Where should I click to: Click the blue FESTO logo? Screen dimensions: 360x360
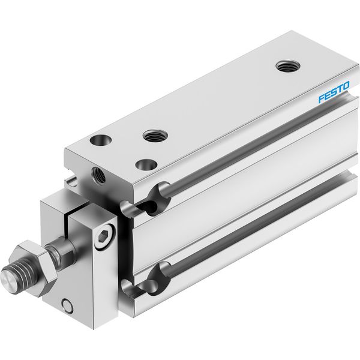(x=334, y=92)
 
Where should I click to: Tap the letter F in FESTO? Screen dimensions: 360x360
(x=322, y=98)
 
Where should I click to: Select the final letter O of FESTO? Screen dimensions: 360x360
(x=346, y=85)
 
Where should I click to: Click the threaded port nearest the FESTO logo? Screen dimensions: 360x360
(x=288, y=66)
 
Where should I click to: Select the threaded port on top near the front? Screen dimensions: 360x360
(x=155, y=136)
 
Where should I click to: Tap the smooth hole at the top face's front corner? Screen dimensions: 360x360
(x=101, y=140)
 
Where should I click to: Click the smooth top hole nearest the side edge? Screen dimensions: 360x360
(x=146, y=164)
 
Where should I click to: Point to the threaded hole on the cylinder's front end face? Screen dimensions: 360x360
(x=99, y=176)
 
